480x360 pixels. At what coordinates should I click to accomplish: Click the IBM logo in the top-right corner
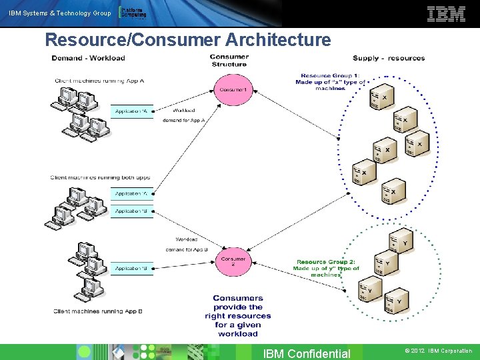point(446,14)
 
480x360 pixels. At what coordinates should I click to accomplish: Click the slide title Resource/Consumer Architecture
point(187,40)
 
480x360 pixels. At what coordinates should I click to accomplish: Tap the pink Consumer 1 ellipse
point(233,89)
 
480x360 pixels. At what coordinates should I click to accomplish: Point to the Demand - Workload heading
point(89,58)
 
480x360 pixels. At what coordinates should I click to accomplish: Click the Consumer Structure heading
point(229,60)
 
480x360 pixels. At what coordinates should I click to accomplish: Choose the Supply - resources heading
point(389,58)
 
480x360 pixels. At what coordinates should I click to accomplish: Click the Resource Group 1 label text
point(330,81)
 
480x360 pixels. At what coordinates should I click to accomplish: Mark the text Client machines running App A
point(99,81)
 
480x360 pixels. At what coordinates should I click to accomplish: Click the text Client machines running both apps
point(100,177)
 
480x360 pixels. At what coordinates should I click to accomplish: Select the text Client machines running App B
point(99,311)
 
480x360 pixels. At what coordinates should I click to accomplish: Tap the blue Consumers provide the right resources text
point(238,316)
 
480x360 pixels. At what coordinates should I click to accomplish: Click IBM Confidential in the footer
point(307,353)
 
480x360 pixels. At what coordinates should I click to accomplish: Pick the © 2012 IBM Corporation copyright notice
point(438,351)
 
